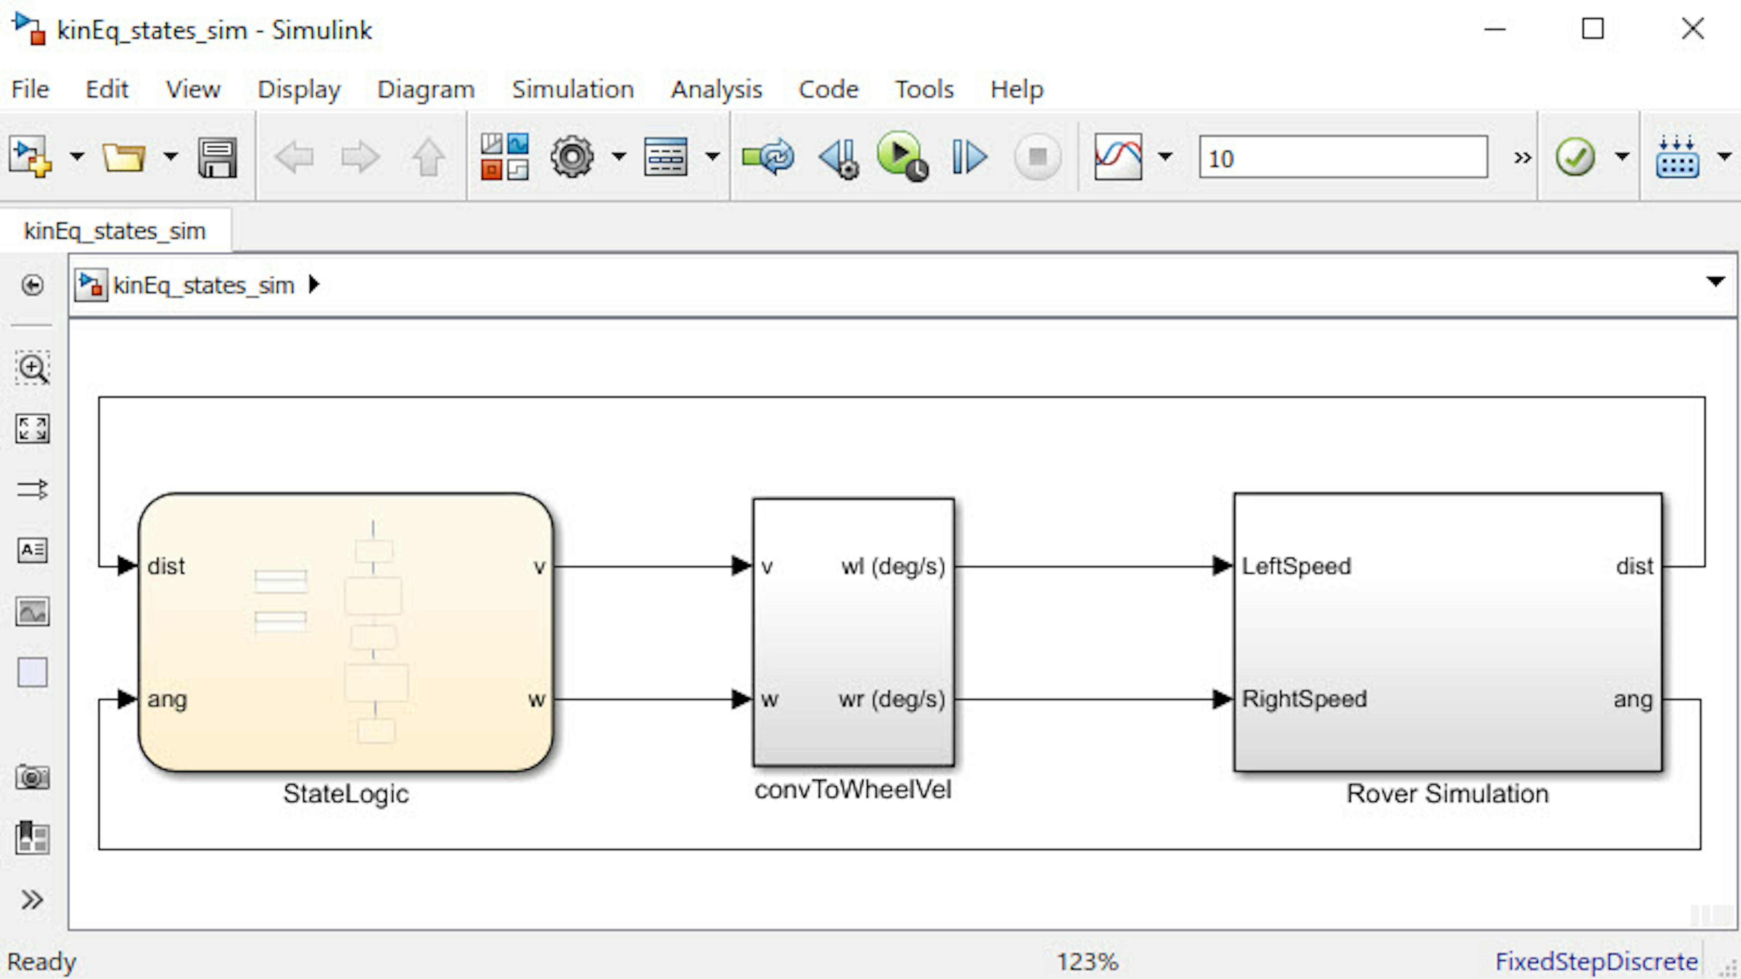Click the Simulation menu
572,89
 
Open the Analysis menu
716,89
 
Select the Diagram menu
426,89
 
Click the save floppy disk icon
218,158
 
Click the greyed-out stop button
1037,158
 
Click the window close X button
1693,29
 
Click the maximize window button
1593,29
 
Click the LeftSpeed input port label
1296,566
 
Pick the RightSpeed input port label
1304,698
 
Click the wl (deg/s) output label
893,566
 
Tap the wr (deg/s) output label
891,698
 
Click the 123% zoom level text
1088,961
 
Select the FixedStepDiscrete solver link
1596,961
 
